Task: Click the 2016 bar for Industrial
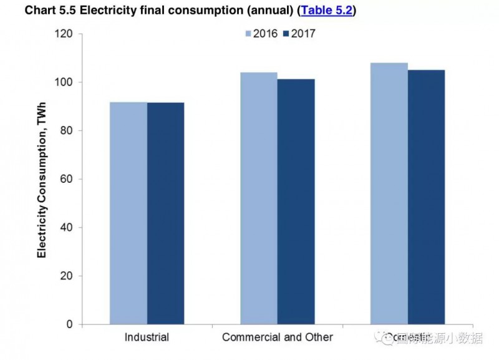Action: coord(128,213)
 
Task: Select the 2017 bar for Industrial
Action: coord(165,213)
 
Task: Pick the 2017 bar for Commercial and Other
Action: coord(296,202)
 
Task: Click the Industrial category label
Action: coord(147,338)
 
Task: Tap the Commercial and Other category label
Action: coord(278,338)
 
